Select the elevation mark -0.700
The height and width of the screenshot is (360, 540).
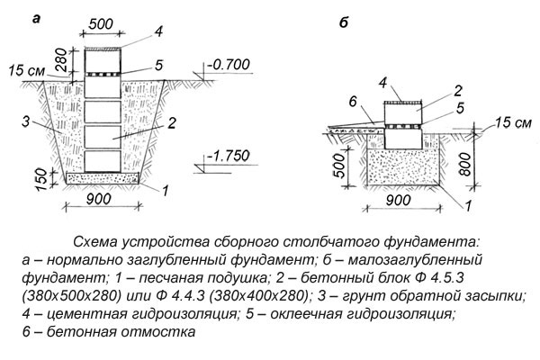coord(226,66)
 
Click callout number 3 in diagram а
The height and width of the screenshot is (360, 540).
coord(28,119)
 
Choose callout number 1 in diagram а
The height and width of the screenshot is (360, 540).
coord(165,191)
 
